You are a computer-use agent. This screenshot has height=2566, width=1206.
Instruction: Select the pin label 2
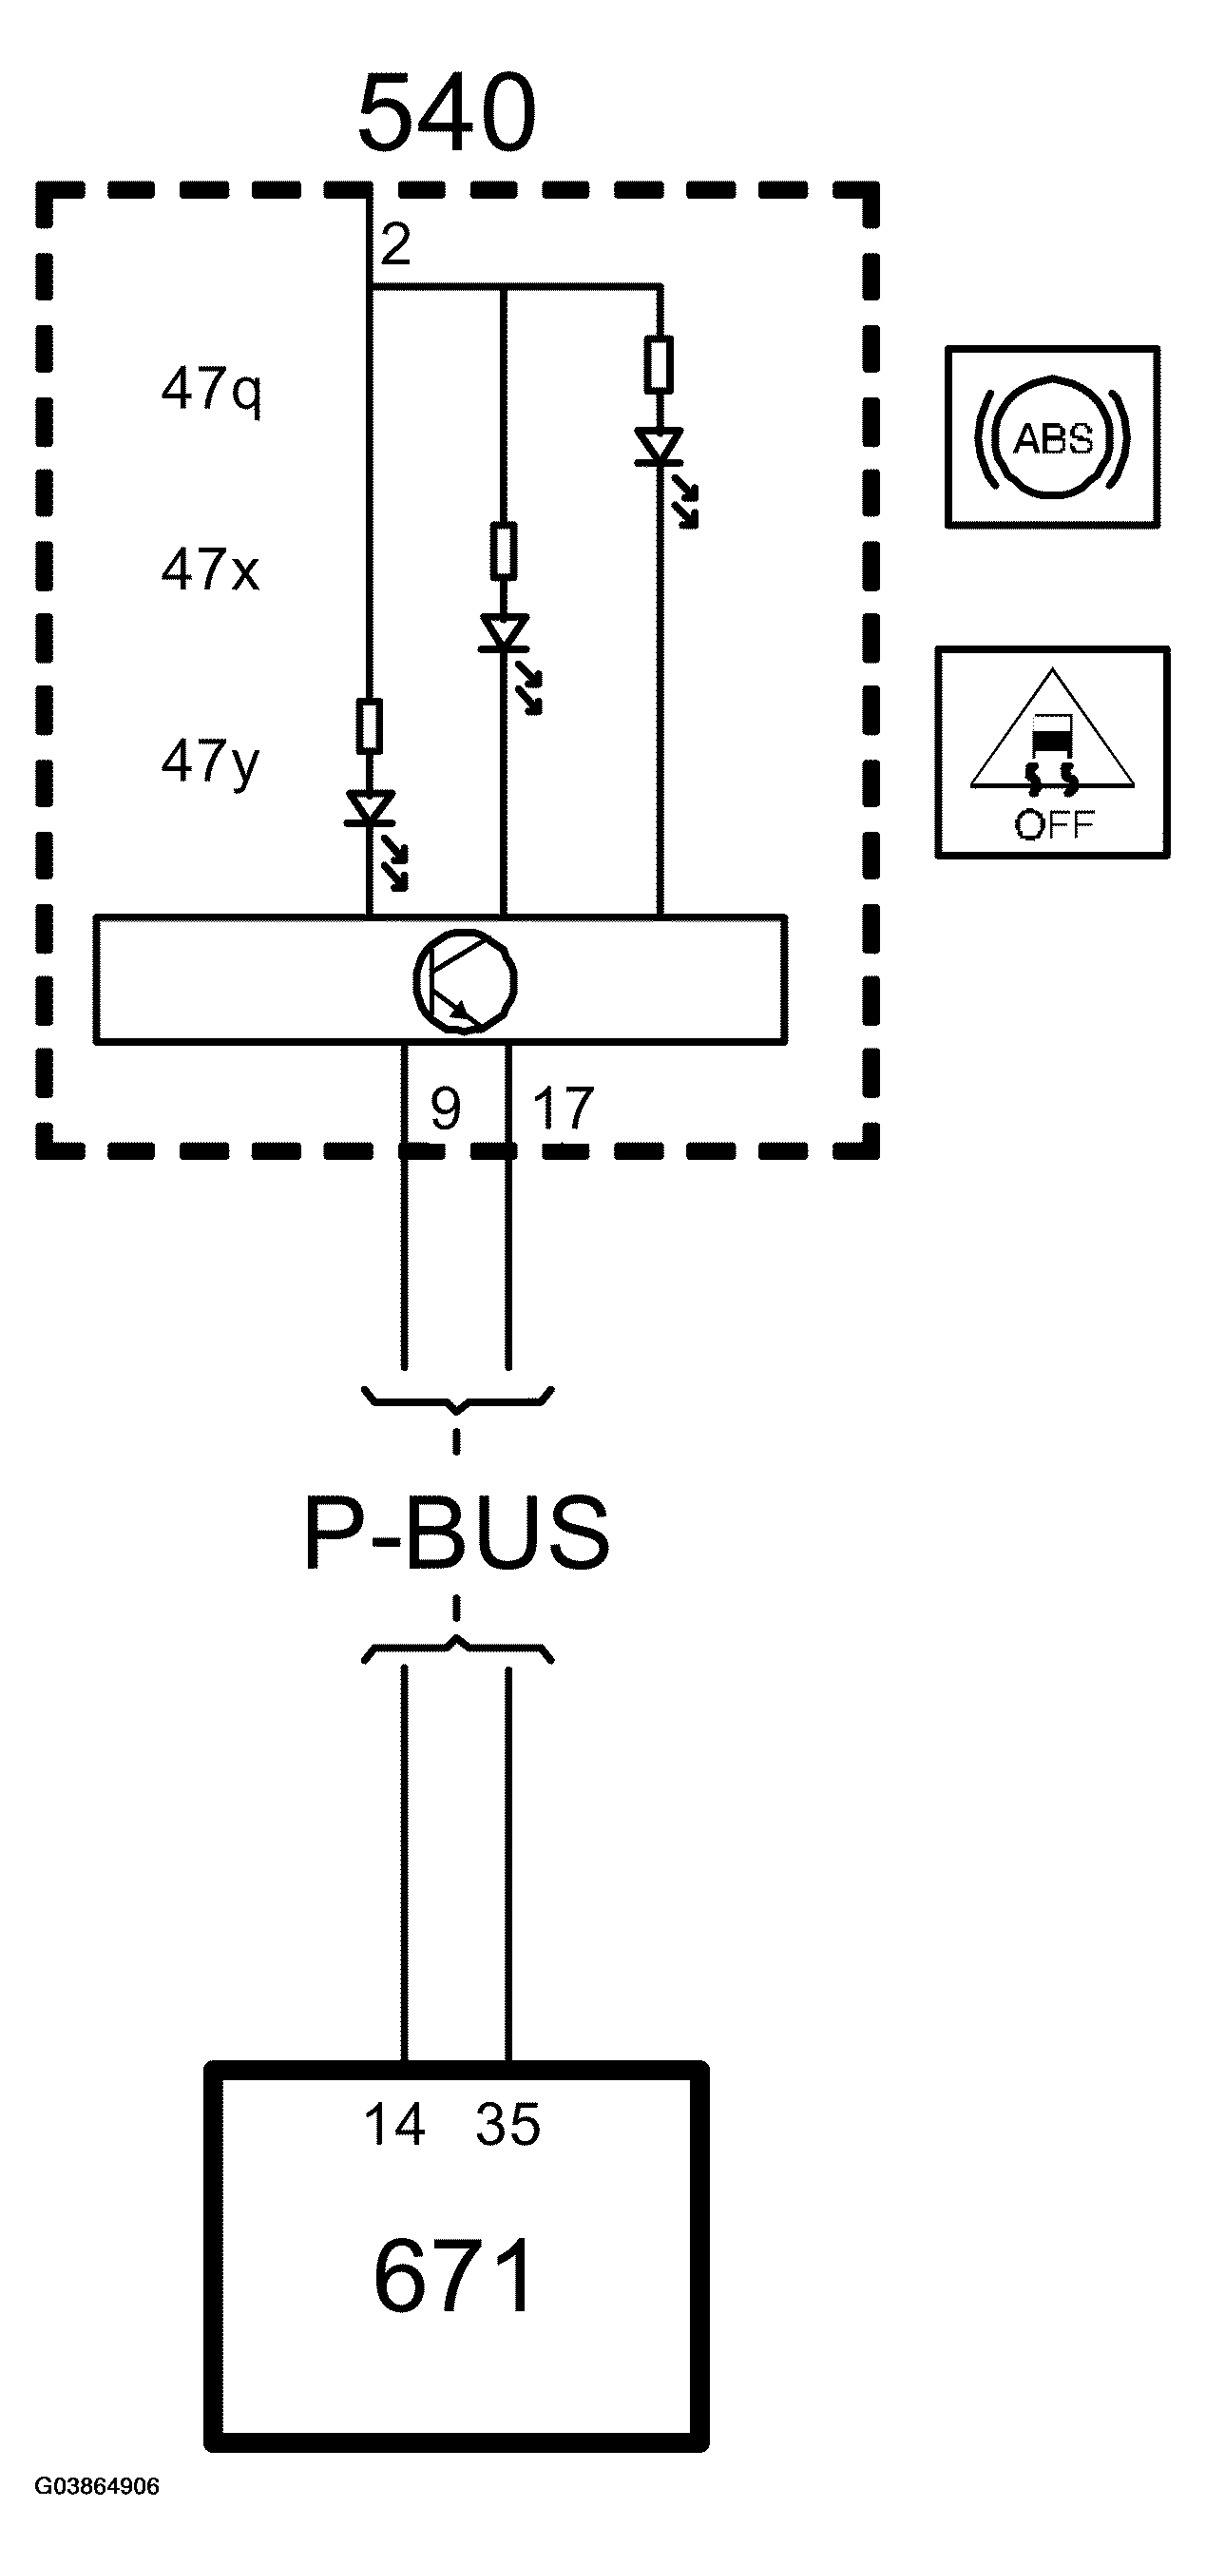click(x=395, y=245)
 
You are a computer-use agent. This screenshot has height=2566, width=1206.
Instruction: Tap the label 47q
click(x=211, y=390)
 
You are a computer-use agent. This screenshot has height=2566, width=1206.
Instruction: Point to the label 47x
click(x=210, y=570)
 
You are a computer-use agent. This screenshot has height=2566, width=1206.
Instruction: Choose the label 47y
click(x=210, y=762)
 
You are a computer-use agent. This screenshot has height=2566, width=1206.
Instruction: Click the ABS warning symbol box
click(x=1052, y=437)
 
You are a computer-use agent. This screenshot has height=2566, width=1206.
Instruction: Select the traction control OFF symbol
click(x=1052, y=753)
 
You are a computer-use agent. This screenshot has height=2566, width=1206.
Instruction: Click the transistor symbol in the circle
click(x=464, y=981)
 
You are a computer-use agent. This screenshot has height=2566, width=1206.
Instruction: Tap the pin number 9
click(x=445, y=1109)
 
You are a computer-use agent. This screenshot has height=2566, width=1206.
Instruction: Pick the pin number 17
click(x=563, y=1109)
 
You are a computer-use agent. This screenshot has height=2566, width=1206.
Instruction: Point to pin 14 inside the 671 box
click(x=394, y=2125)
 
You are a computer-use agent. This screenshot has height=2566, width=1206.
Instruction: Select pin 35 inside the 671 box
click(x=507, y=2125)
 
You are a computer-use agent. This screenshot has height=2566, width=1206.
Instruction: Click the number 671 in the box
click(x=454, y=2277)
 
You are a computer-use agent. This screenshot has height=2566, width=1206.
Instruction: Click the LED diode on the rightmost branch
click(x=659, y=447)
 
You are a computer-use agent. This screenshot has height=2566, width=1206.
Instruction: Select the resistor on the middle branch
click(x=504, y=550)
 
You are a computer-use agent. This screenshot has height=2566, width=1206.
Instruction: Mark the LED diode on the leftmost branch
click(x=370, y=808)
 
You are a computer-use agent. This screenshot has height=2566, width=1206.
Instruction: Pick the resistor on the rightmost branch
click(x=659, y=363)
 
